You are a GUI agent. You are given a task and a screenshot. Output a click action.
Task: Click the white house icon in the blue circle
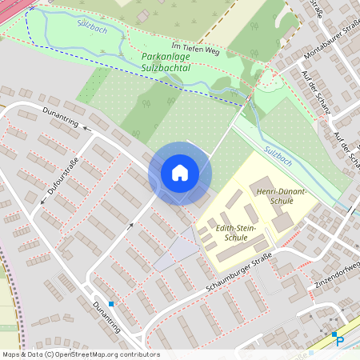point(180,172)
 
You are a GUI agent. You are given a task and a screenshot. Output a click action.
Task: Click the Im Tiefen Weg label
point(195,48)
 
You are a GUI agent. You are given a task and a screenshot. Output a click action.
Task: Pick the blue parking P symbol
point(339,340)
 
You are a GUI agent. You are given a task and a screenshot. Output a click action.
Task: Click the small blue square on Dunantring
point(111,304)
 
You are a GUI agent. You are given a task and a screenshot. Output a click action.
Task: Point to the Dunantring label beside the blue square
point(106,318)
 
